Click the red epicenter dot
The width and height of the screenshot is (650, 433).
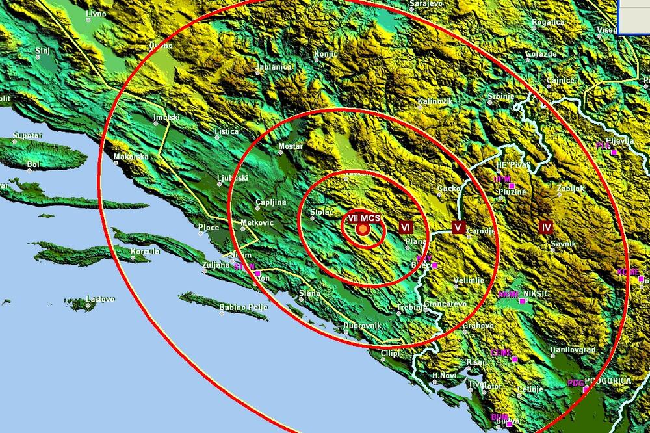[x=363, y=229]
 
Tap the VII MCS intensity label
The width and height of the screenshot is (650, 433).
[x=364, y=219]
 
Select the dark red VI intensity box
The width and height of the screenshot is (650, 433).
[x=406, y=227]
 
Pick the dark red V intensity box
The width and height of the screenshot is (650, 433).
[x=458, y=227]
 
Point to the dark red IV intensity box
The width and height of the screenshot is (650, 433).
[x=546, y=227]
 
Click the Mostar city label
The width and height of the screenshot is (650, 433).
[x=290, y=146]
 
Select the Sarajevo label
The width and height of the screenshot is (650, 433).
[x=426, y=4]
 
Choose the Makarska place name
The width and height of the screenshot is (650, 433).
[x=131, y=157]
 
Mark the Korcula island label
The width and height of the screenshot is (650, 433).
[x=145, y=252]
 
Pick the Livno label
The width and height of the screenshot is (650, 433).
[x=96, y=12]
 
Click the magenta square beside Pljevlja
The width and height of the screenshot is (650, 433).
[x=613, y=152]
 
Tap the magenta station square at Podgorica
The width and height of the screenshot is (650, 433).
[x=586, y=389]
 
